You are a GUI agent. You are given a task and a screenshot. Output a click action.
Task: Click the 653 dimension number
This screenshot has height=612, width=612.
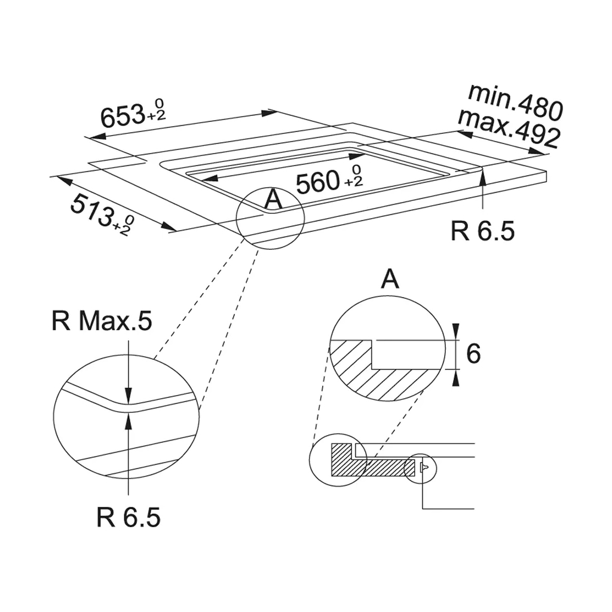point(123,116)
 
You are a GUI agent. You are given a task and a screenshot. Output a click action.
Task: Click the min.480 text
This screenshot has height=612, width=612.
point(516,102)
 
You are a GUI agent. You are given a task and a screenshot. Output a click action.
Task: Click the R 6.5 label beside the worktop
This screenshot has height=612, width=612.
point(483,231)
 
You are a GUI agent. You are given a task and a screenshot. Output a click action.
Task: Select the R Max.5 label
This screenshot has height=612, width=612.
point(102,321)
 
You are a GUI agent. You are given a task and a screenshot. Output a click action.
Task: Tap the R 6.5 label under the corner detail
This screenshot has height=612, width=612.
point(128,517)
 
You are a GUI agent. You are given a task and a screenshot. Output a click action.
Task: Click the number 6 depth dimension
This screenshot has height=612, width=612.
point(473,354)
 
